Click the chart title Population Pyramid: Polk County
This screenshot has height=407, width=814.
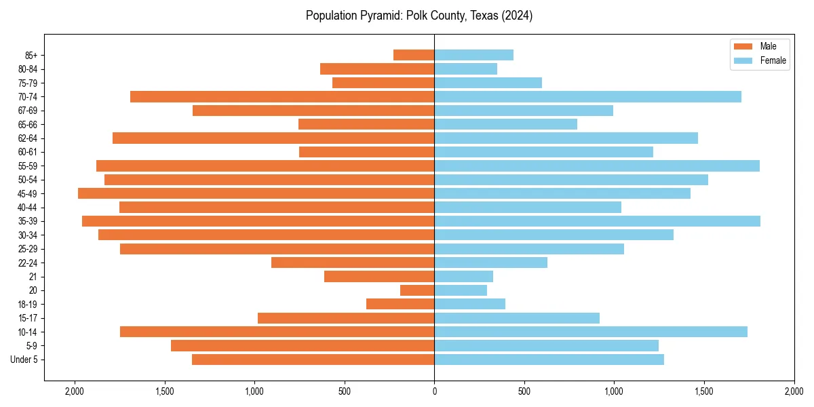[419, 16]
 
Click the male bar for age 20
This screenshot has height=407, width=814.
[417, 290]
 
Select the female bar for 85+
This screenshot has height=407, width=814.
[473, 55]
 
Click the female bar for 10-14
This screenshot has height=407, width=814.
[591, 332]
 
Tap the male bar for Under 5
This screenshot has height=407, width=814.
[313, 360]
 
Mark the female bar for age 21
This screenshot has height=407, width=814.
[463, 277]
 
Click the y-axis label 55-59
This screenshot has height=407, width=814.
[28, 166]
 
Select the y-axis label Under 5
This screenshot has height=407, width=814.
[24, 360]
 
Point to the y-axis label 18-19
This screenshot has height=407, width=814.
[28, 305]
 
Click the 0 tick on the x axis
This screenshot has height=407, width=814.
[434, 391]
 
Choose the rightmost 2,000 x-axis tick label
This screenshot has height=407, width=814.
[794, 391]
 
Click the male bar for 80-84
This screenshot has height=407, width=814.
[377, 69]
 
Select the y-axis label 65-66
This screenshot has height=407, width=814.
[28, 125]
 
